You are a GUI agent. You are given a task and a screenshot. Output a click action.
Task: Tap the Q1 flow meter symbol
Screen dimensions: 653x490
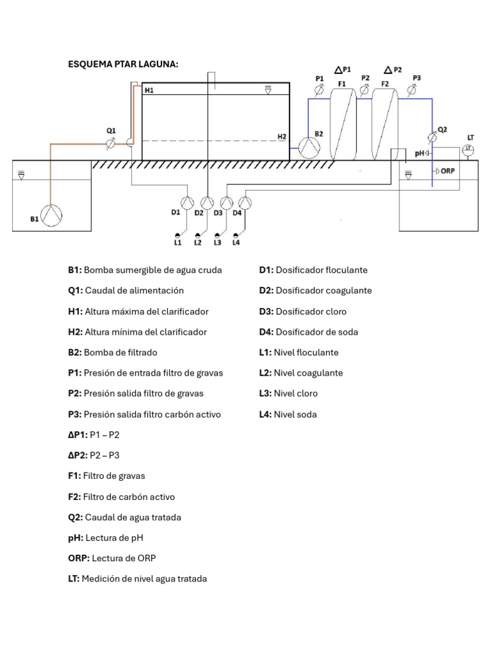(111, 145)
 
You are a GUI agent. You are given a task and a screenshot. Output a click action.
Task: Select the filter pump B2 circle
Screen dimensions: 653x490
(310, 147)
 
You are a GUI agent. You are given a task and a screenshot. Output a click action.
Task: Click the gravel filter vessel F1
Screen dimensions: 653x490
(343, 124)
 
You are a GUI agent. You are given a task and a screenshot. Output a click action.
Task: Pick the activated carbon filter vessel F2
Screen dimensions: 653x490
(385, 124)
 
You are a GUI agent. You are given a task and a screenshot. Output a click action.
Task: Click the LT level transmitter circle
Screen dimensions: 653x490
(468, 149)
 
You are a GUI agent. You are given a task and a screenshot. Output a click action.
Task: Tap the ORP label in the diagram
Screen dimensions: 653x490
(447, 171)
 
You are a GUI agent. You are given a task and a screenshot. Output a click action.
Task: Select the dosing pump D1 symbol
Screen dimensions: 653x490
(186, 203)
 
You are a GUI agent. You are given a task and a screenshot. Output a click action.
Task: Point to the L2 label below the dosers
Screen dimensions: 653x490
(198, 242)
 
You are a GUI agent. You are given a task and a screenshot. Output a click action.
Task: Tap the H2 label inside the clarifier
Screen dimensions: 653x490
(282, 136)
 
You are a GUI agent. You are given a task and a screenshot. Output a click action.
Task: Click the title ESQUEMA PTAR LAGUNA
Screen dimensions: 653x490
(123, 64)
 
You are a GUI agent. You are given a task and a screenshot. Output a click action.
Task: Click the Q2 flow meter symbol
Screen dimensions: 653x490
(432, 136)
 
